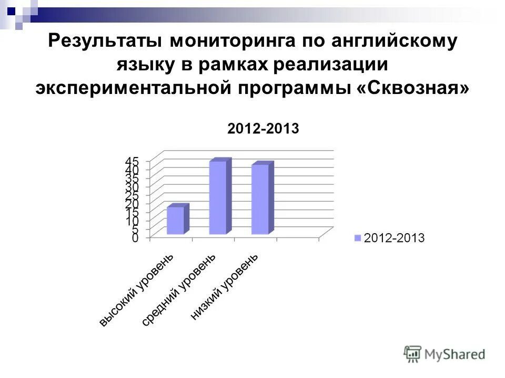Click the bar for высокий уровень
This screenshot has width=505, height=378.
click(x=176, y=220)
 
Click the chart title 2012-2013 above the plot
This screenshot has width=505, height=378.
click(x=263, y=129)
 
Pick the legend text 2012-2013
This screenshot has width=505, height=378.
click(x=394, y=238)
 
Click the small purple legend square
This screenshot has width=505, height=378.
click(x=358, y=238)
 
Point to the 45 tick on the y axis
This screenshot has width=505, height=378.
click(x=132, y=161)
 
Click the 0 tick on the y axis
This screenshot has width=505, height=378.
click(x=135, y=238)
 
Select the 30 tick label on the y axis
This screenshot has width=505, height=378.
click(x=132, y=186)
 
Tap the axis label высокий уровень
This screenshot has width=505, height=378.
click(x=136, y=290)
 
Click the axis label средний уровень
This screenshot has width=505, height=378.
click(x=179, y=290)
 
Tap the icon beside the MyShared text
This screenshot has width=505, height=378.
click(x=413, y=353)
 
